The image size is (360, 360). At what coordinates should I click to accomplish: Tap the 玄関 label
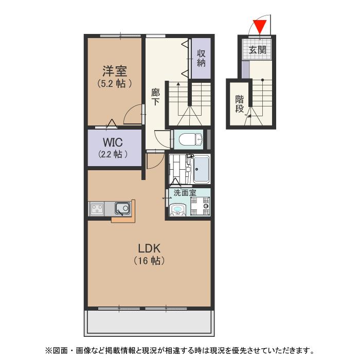click(257, 50)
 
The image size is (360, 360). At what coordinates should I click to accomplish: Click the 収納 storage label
click(201, 58)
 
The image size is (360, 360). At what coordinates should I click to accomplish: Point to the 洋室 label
click(114, 70)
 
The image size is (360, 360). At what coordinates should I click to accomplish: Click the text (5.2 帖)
click(114, 83)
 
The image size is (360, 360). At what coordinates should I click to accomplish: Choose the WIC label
click(113, 142)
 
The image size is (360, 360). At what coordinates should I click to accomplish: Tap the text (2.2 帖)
click(113, 154)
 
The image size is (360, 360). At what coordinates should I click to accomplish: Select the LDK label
click(149, 247)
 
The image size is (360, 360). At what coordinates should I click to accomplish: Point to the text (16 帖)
click(149, 261)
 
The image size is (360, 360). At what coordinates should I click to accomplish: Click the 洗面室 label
click(185, 193)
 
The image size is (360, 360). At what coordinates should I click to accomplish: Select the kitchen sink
click(122, 209)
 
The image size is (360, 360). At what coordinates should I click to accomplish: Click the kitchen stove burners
click(97, 209)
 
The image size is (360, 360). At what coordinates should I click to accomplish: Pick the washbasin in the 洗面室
click(177, 210)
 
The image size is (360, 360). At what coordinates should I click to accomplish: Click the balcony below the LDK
click(149, 323)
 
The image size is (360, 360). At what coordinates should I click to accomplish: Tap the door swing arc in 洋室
click(133, 114)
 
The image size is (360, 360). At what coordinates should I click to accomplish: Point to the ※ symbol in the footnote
click(49, 351)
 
